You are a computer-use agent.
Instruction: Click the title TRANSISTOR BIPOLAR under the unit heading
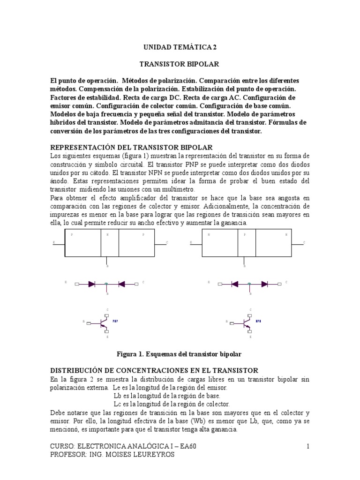click(x=180, y=63)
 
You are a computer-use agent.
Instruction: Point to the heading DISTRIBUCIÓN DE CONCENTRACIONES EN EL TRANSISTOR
click(x=154, y=370)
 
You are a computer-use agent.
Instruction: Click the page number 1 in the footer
click(x=308, y=447)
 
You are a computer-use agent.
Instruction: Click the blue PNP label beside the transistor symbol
click(x=115, y=322)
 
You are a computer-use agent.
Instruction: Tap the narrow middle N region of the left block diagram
click(x=110, y=243)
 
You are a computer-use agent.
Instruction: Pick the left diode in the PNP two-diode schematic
click(x=92, y=284)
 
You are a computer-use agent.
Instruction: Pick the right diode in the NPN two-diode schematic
click(x=264, y=284)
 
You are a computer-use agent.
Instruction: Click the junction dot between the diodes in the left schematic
click(x=106, y=284)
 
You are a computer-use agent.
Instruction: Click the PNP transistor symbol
click(x=105, y=322)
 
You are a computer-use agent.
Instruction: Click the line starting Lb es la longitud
click(x=167, y=396)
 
